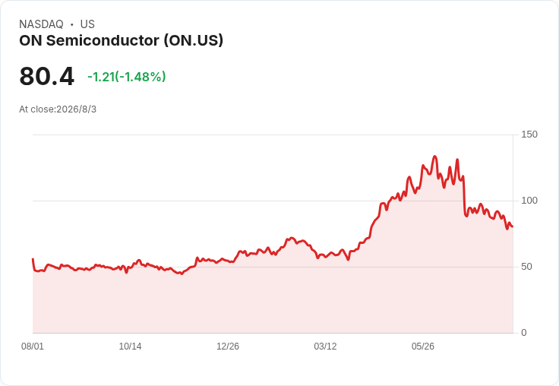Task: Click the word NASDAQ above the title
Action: [x=41, y=24]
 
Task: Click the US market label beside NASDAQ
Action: [x=87, y=24]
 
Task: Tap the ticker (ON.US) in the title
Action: [x=194, y=40]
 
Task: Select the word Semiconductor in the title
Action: [x=103, y=40]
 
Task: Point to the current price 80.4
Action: [x=46, y=76]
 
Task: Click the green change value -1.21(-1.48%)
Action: [x=127, y=77]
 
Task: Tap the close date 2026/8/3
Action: [x=76, y=109]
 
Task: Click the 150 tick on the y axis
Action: [x=529, y=134]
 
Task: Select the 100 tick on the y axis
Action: [x=529, y=201]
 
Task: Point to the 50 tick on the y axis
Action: [x=526, y=267]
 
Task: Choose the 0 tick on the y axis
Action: [x=524, y=333]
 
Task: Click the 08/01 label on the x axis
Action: [x=33, y=346]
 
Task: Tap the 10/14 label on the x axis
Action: [x=130, y=346]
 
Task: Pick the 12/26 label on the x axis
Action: [x=228, y=346]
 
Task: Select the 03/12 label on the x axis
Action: [x=325, y=346]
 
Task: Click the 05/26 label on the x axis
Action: [x=423, y=346]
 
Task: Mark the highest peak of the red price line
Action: [x=434, y=157]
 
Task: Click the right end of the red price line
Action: [x=513, y=226]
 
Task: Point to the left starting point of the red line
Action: [x=33, y=259]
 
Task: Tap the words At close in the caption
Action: [x=36, y=109]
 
